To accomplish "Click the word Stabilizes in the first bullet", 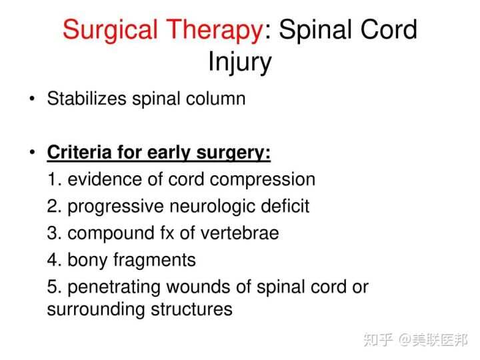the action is (87, 99).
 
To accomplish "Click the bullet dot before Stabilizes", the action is (32, 99).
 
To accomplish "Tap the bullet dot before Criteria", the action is (32, 152).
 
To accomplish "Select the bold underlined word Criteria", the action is (79, 152).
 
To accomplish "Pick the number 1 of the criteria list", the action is (53, 179).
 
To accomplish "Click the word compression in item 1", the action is (263, 180).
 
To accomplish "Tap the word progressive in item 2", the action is (115, 207).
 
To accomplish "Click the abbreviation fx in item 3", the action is (167, 233).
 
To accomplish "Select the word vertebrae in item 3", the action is (239, 233).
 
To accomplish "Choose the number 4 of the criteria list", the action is (53, 259).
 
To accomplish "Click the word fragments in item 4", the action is (154, 261).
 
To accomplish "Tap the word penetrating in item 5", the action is (113, 288).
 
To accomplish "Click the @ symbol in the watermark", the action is (405, 340).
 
